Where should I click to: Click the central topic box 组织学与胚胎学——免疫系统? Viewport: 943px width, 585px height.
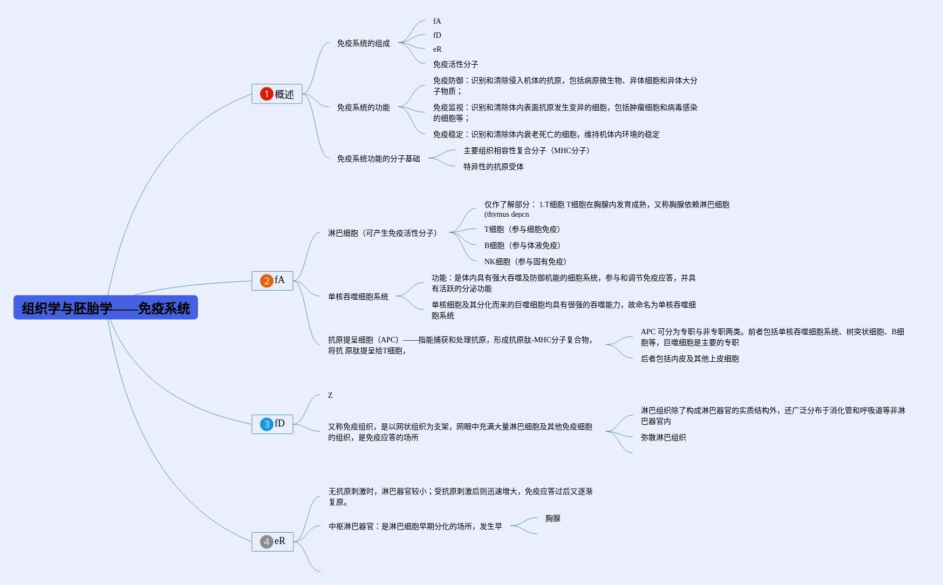click(x=106, y=308)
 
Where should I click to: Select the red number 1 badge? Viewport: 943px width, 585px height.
click(x=266, y=94)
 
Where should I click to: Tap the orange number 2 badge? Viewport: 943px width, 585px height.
click(x=266, y=280)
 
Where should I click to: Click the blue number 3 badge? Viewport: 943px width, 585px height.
click(x=266, y=424)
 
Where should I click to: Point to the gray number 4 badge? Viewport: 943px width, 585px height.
click(x=266, y=541)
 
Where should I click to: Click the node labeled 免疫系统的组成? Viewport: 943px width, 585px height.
click(x=363, y=43)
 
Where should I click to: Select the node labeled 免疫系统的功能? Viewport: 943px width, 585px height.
click(x=363, y=107)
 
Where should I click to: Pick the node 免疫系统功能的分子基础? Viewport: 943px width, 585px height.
click(x=378, y=159)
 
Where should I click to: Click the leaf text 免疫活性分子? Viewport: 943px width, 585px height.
click(x=455, y=64)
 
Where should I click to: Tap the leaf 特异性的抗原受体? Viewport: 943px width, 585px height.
click(x=493, y=167)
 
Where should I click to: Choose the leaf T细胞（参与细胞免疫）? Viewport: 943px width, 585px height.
click(x=522, y=229)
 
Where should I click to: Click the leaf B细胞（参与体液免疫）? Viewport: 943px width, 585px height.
click(x=522, y=245)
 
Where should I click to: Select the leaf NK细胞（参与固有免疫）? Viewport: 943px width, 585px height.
click(x=524, y=261)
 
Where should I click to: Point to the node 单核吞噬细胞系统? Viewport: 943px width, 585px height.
click(x=358, y=297)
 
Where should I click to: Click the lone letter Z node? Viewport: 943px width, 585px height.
click(x=330, y=395)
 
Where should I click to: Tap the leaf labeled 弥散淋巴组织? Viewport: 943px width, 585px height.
click(x=663, y=437)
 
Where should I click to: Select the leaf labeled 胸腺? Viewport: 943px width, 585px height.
click(x=552, y=518)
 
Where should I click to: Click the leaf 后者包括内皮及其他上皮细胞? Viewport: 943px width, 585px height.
click(x=689, y=359)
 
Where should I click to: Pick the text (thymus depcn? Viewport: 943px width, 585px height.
click(x=507, y=214)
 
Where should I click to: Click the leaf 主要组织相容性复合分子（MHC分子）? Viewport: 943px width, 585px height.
click(x=526, y=150)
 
